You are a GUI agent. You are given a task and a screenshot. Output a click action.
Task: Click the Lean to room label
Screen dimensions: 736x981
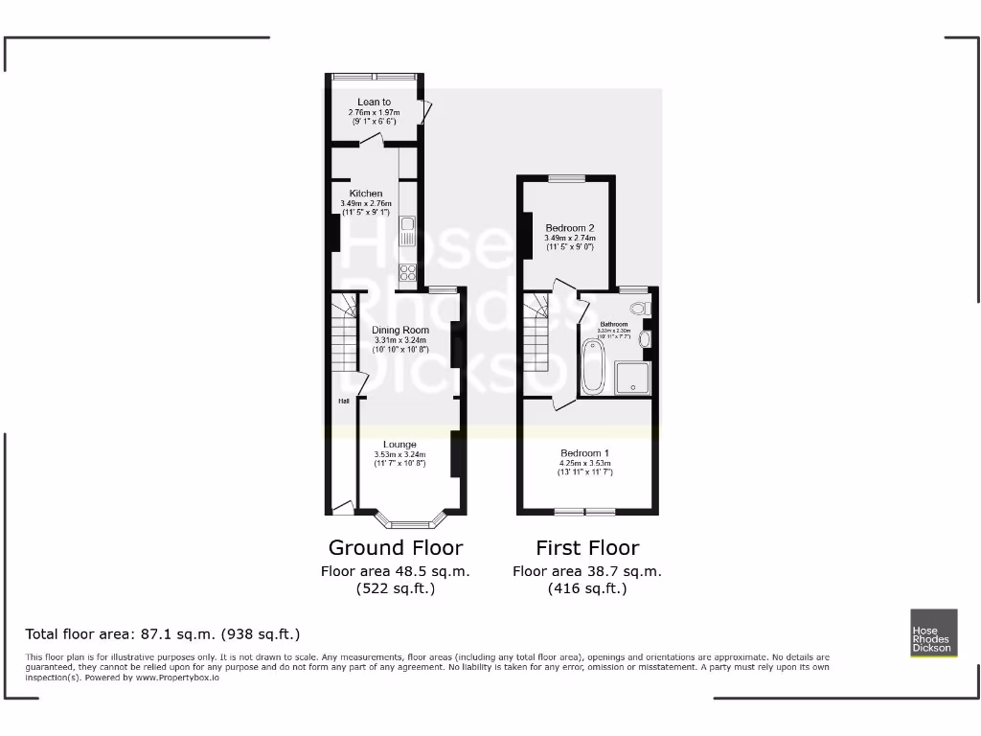tap(374, 102)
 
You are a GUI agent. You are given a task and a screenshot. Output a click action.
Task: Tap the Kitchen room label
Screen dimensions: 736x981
tap(366, 194)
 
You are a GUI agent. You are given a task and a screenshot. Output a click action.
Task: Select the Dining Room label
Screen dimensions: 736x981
tap(400, 331)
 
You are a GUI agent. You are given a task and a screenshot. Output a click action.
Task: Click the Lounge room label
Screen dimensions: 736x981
tap(399, 444)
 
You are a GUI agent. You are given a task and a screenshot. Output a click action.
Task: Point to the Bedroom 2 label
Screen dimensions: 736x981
tap(570, 228)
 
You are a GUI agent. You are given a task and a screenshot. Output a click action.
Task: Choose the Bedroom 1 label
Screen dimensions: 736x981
tap(585, 452)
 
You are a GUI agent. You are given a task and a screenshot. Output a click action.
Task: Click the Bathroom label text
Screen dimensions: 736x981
tap(613, 324)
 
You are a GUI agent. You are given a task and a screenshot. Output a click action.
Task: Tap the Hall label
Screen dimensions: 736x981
tap(342, 402)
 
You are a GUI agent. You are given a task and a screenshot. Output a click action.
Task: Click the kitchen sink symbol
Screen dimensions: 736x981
tap(407, 230)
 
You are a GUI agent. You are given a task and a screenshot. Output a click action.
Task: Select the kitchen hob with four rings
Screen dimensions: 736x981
tap(407, 271)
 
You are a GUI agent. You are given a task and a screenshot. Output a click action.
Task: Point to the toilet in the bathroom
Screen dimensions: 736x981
tap(639, 309)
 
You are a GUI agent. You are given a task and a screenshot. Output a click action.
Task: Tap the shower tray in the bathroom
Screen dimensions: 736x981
tap(631, 377)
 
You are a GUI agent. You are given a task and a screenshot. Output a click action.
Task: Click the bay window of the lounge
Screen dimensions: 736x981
tap(411, 522)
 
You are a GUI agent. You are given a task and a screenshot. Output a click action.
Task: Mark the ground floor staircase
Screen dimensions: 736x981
tap(344, 335)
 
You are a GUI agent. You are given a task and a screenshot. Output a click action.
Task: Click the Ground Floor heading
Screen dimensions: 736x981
tap(396, 548)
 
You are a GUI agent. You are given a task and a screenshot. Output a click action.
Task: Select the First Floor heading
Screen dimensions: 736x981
tap(586, 548)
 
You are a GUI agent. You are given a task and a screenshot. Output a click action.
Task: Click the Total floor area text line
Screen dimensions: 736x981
tap(163, 634)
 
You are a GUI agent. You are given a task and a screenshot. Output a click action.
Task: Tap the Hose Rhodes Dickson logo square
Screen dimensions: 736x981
tap(932, 632)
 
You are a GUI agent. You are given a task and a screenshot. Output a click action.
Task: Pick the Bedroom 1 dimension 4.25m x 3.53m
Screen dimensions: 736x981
tap(585, 464)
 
